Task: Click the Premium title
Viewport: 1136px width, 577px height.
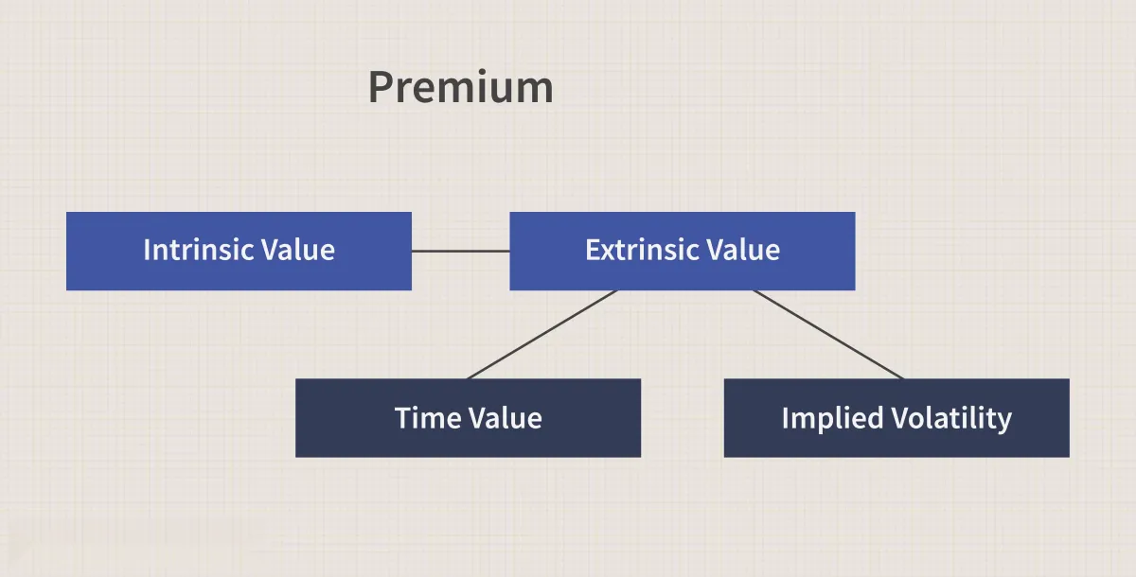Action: coord(460,87)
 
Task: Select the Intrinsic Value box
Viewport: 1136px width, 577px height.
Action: coord(239,251)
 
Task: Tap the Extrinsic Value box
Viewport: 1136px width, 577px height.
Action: coord(683,251)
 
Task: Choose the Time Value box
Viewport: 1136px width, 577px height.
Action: coord(468,418)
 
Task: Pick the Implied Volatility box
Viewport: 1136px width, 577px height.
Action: coord(896,418)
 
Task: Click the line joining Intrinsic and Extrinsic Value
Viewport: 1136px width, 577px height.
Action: coord(460,251)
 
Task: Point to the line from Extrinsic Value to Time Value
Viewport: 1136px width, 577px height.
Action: coord(542,334)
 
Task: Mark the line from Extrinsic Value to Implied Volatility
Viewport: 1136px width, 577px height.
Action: coord(828,334)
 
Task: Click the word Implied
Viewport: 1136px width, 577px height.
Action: coord(833,419)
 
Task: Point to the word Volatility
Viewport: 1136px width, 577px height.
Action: coord(952,419)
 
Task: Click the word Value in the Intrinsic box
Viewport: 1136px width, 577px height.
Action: coord(297,250)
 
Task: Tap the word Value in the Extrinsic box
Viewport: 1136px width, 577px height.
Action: coord(743,250)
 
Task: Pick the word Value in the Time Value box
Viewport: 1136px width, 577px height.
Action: coord(506,418)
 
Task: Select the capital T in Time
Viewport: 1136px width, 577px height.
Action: coord(403,418)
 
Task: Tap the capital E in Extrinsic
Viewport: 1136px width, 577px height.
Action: coord(594,250)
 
